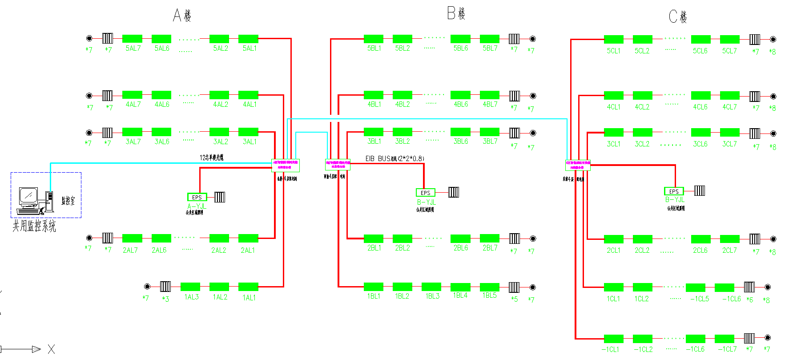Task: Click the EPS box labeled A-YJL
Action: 197,197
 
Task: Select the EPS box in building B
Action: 425,193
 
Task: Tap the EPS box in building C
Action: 673,191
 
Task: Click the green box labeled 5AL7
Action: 132,39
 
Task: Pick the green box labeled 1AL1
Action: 248,287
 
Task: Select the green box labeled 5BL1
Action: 373,39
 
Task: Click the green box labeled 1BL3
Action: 431,287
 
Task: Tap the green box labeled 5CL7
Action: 729,39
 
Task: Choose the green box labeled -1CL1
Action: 613,339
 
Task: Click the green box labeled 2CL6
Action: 700,239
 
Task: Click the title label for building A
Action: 182,16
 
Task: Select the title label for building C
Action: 678,17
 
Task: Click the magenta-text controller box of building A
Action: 286,165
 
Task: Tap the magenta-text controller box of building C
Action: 578,165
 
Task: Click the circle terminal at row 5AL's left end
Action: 89,38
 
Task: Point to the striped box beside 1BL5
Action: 514,287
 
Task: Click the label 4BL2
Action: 403,105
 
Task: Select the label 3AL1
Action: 250,142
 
